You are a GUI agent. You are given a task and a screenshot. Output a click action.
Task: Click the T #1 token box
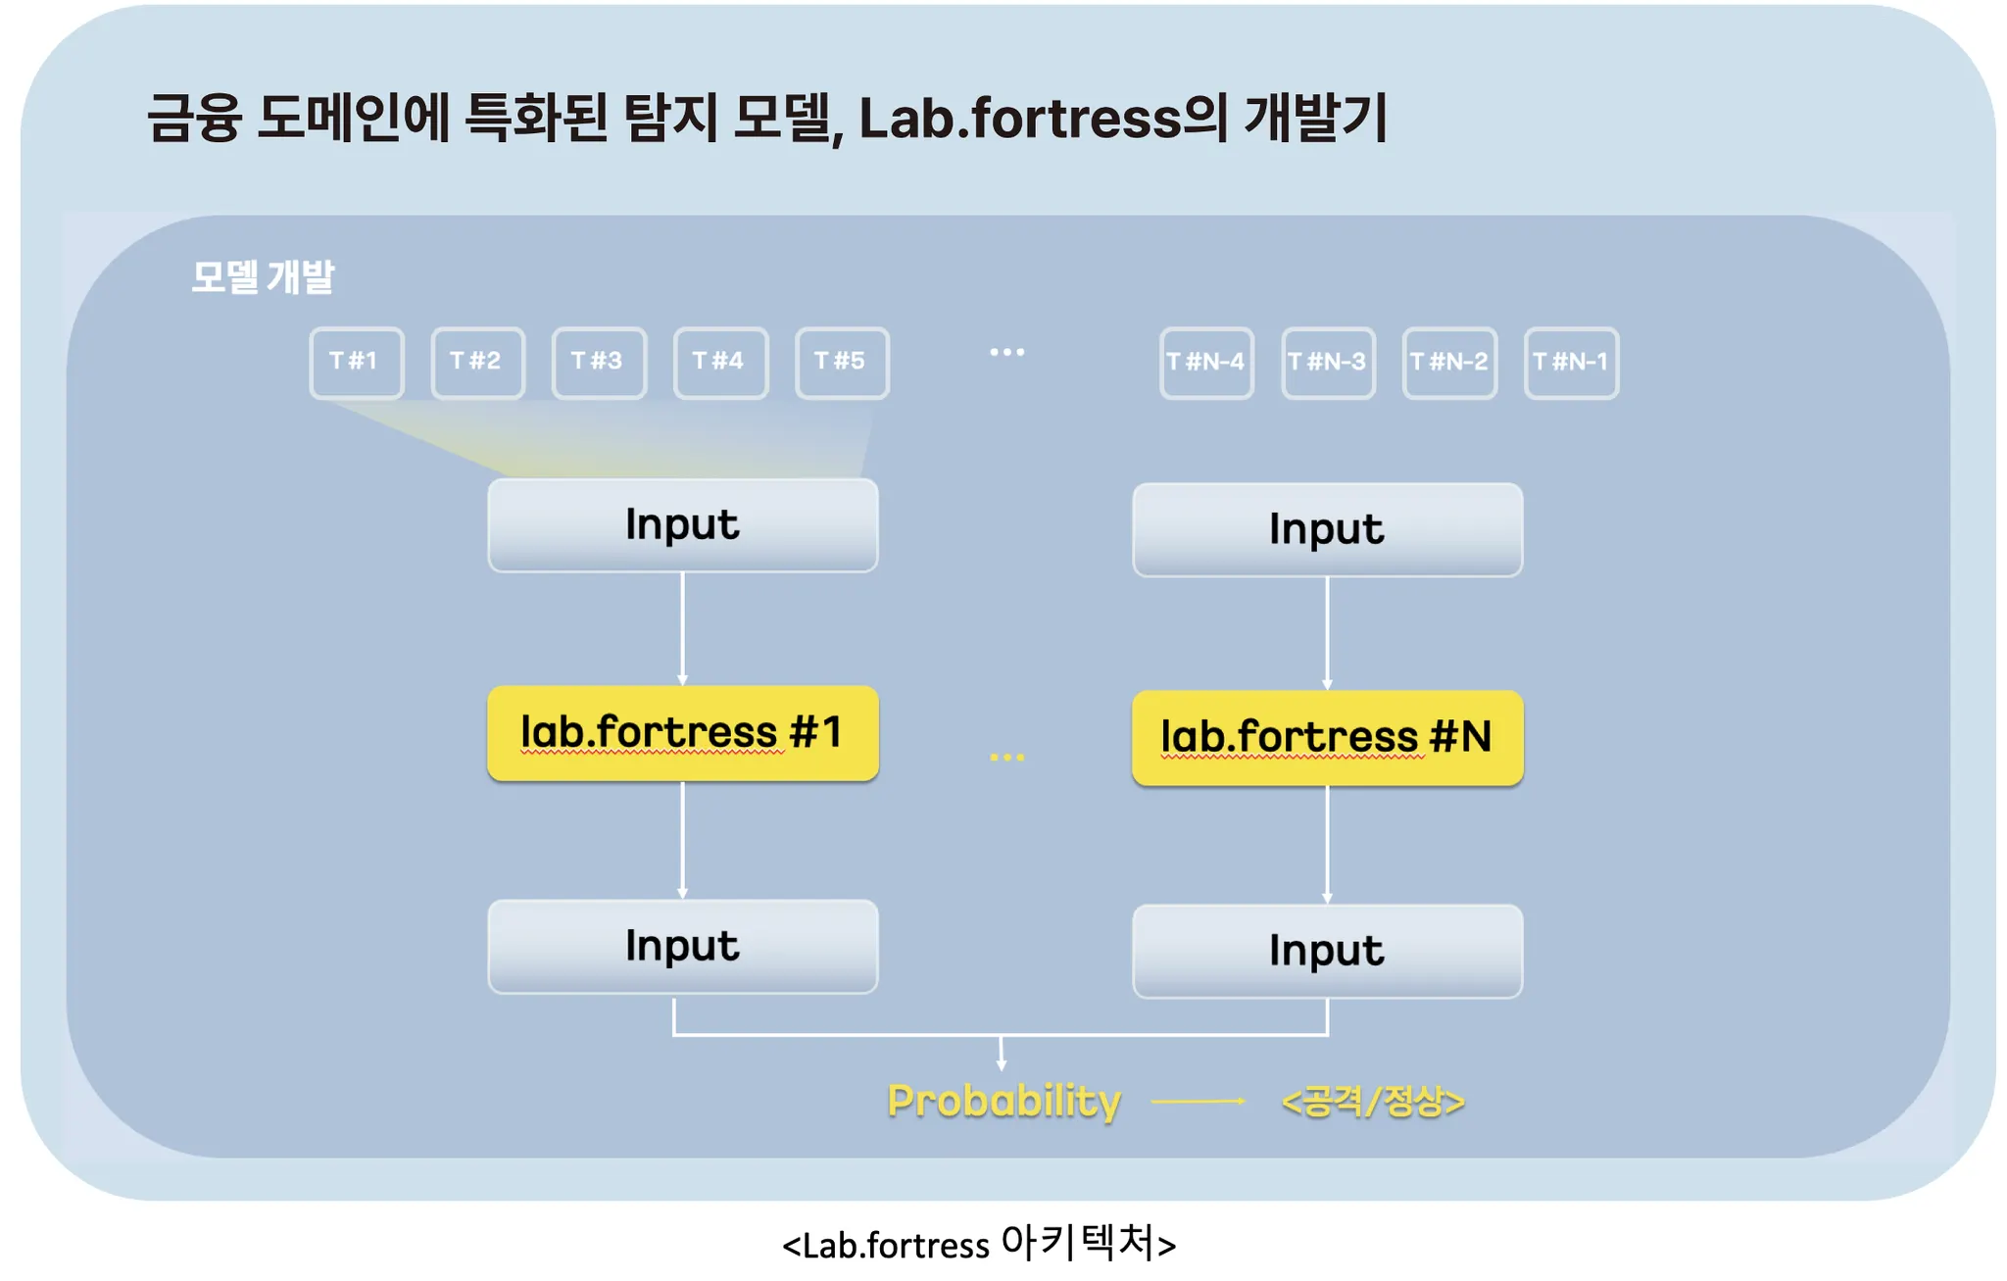[356, 363]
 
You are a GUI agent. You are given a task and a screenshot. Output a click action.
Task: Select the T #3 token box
[599, 363]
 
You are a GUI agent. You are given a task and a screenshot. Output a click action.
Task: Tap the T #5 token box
[842, 363]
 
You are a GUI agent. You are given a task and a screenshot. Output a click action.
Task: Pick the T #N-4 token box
[1206, 363]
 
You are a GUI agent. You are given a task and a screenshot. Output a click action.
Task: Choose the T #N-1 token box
[1571, 363]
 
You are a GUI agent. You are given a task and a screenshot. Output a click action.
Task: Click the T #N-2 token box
[1449, 363]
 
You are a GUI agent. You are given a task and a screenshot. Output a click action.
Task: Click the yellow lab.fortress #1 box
[682, 733]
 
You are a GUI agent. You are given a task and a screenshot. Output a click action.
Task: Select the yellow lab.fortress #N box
[1327, 738]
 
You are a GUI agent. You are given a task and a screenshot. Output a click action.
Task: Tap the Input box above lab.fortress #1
[682, 525]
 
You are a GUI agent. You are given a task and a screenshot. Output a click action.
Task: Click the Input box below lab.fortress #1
[682, 947]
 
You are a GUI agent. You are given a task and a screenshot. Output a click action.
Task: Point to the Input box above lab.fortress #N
[1327, 530]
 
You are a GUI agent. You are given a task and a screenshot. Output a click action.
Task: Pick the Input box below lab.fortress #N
[1327, 952]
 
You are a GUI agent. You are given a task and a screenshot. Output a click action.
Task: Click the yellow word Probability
[1003, 1101]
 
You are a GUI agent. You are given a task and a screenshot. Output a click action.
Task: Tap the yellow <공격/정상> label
[1373, 1102]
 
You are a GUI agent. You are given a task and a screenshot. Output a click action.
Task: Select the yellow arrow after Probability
[1198, 1102]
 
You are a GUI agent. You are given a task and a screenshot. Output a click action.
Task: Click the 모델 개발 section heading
[263, 277]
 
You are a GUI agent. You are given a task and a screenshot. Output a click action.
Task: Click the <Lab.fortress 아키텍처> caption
[979, 1244]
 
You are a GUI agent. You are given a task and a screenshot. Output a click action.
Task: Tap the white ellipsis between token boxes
[1006, 352]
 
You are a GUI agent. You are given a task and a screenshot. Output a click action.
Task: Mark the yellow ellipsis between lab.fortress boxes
[1006, 758]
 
